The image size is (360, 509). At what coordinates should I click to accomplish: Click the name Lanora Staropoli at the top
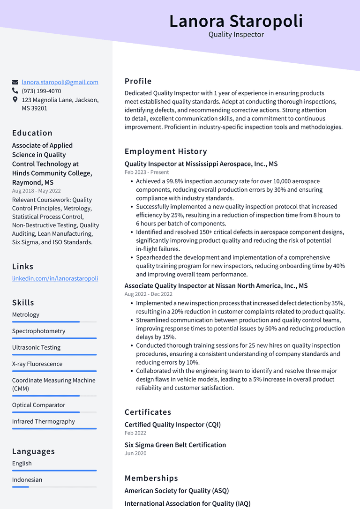click(x=236, y=21)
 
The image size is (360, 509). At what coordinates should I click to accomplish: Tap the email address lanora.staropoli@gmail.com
click(x=60, y=82)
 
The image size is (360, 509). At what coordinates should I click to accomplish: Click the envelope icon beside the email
click(x=15, y=82)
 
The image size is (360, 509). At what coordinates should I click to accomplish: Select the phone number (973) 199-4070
click(x=41, y=91)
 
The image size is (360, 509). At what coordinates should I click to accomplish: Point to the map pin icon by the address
click(x=15, y=100)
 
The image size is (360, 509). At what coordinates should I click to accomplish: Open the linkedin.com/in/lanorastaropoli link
click(x=55, y=278)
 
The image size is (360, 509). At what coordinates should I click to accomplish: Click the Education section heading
click(x=32, y=133)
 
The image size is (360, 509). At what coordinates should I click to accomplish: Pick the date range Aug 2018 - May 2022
click(x=37, y=191)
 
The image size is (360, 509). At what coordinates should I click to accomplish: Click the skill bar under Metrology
click(x=46, y=322)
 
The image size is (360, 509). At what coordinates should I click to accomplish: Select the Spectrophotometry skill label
click(x=38, y=331)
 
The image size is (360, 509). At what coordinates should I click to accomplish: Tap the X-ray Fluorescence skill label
click(x=37, y=364)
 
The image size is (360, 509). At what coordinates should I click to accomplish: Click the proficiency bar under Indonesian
click(x=21, y=487)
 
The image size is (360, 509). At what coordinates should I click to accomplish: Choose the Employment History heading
click(x=165, y=151)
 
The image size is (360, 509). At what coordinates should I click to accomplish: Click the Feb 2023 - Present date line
click(x=147, y=172)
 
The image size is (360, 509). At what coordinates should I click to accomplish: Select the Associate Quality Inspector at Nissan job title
click(x=216, y=286)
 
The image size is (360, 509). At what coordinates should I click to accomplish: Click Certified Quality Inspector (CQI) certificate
click(x=172, y=425)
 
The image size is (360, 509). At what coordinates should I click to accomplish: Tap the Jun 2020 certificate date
click(x=135, y=453)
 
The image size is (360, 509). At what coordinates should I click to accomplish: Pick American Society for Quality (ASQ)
click(x=177, y=491)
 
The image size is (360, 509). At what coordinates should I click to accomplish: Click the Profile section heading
click(x=138, y=81)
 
